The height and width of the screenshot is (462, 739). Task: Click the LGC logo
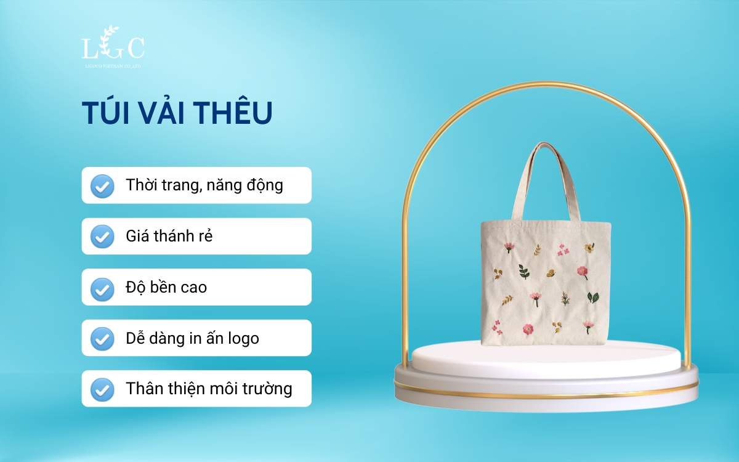[113, 47]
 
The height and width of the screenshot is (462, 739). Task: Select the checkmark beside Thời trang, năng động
[102, 185]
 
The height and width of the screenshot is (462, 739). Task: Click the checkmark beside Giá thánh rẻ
[102, 237]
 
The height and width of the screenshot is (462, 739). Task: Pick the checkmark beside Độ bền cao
[102, 287]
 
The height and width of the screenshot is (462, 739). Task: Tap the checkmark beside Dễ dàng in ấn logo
[102, 338]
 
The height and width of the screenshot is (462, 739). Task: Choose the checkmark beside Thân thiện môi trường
[102, 389]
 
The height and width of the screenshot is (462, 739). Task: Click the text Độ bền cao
[166, 287]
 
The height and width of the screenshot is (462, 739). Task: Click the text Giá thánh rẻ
[169, 237]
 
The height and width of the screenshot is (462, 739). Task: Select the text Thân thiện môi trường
[209, 389]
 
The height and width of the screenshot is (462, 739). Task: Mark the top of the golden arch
[546, 84]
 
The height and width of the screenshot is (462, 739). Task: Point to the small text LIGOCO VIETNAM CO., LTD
[113, 65]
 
